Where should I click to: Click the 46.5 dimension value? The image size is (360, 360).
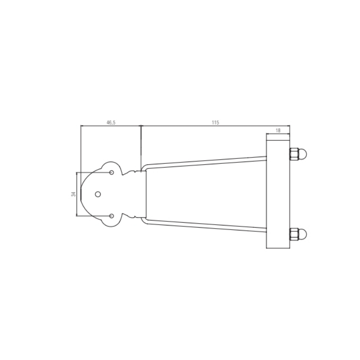111,122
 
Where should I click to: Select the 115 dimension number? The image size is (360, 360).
215,122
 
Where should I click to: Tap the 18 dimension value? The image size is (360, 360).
278,130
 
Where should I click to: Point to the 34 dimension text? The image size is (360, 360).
73,194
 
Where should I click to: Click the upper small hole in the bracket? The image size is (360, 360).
112,172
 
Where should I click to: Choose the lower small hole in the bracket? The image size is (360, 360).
112,216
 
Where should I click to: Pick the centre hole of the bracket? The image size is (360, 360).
98,194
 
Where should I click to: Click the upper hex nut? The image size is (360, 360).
294,154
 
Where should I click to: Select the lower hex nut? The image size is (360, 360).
294,234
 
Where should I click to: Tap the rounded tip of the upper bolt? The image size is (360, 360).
302,154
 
